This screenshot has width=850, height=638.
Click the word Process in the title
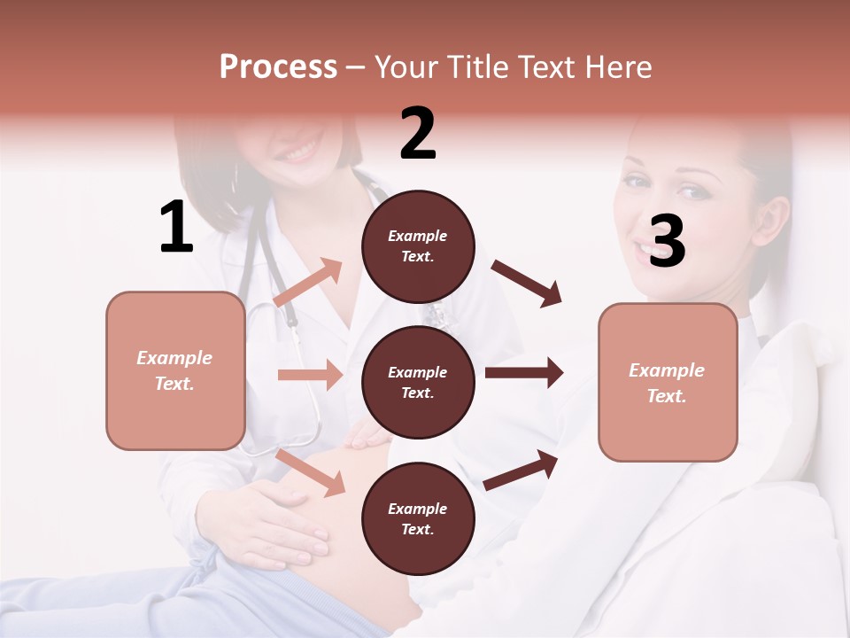click(x=278, y=67)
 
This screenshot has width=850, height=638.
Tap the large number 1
click(x=176, y=228)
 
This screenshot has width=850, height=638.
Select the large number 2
click(x=418, y=134)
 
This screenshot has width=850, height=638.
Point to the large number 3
click(x=667, y=241)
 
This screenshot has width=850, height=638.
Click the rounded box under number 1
click(x=175, y=370)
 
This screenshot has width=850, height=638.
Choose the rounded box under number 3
click(x=668, y=382)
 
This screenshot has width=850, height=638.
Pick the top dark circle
click(x=418, y=246)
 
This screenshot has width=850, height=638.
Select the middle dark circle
click(x=418, y=383)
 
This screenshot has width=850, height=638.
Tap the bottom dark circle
click(x=418, y=519)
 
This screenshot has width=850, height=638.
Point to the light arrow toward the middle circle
click(x=310, y=375)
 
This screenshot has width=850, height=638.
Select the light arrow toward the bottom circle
click(x=311, y=472)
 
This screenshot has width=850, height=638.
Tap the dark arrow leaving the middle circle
click(x=524, y=372)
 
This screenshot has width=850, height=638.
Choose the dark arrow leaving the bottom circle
click(x=522, y=470)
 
